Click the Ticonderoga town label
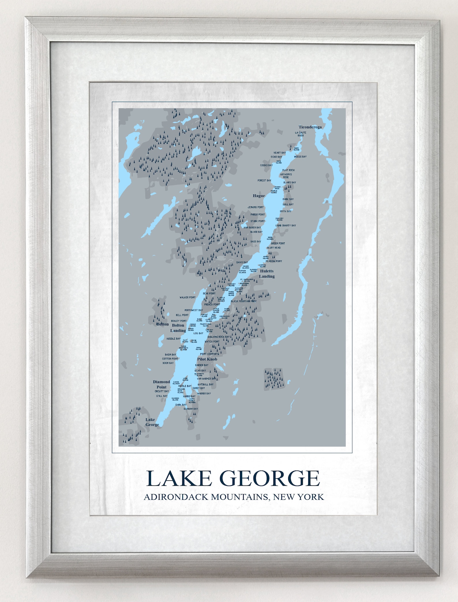pyautogui.click(x=310, y=127)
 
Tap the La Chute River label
pyautogui.click(x=301, y=134)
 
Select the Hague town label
pyautogui.click(x=259, y=196)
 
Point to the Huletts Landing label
pyautogui.click(x=267, y=274)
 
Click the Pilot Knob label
pyautogui.click(x=207, y=359)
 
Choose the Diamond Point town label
pyautogui.click(x=162, y=384)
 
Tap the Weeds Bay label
pyautogui.click(x=300, y=157)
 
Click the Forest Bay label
pyautogui.click(x=264, y=180)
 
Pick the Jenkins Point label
pyautogui.click(x=256, y=207)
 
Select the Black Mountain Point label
pyautogui.click(x=244, y=301)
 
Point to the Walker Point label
pyautogui.click(x=187, y=298)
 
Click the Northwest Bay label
pyautogui.click(x=194, y=310)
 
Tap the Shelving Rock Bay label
pyautogui.click(x=218, y=337)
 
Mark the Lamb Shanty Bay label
pyautogui.click(x=286, y=225)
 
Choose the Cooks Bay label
pyautogui.click(x=266, y=165)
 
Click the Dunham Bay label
pyautogui.click(x=191, y=409)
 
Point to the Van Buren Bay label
pyautogui.click(x=252, y=227)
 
